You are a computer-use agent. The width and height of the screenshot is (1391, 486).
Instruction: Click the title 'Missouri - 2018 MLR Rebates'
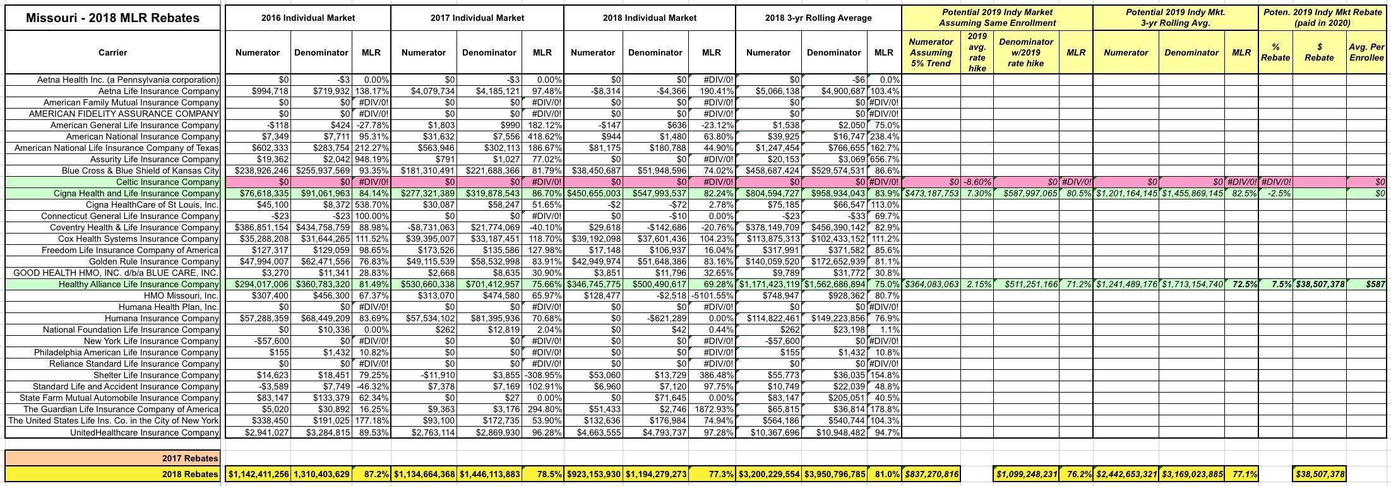pos(112,18)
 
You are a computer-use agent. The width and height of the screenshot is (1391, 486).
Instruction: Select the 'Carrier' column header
pos(112,52)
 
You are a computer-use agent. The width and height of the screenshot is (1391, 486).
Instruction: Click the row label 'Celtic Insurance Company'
pos(167,182)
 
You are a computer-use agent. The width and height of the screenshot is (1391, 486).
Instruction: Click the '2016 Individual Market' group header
pos(308,18)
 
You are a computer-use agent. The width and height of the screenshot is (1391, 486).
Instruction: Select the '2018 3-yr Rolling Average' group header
pos(818,18)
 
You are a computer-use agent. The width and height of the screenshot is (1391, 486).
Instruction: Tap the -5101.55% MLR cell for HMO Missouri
pos(712,295)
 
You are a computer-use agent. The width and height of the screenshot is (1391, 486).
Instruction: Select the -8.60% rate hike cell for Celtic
pos(977,182)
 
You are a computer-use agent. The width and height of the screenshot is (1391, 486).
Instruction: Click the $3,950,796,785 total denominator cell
pos(834,474)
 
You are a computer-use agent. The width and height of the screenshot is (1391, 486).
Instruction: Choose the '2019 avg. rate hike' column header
pos(977,52)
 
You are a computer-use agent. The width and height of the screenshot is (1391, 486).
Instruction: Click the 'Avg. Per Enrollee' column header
pos(1366,52)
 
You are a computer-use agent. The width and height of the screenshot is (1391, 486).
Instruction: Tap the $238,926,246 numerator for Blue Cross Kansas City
pos(261,170)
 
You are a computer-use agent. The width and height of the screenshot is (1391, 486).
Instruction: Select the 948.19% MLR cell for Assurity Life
pos(371,159)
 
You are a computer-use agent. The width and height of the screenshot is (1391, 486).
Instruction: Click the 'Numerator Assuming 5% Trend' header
pos(931,52)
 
